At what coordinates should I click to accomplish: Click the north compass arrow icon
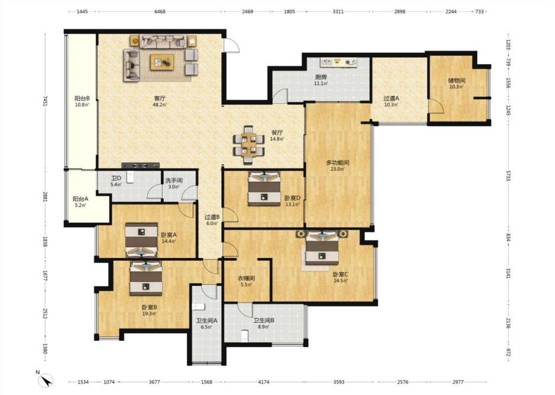pyautogui.click(x=46, y=381)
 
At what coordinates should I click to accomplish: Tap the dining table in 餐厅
pyautogui.click(x=249, y=145)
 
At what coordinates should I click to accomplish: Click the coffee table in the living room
pyautogui.click(x=162, y=62)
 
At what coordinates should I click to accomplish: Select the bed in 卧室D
pyautogui.click(x=264, y=189)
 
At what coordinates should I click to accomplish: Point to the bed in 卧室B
pyautogui.click(x=146, y=278)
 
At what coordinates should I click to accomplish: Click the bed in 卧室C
pyautogui.click(x=322, y=248)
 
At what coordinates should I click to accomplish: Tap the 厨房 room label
pyautogui.click(x=321, y=77)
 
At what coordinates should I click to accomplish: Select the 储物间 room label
pyautogui.click(x=457, y=80)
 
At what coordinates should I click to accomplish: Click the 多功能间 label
pyautogui.click(x=337, y=162)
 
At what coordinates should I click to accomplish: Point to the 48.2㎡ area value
pyautogui.click(x=160, y=105)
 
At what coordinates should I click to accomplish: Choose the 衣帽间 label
pyautogui.click(x=246, y=278)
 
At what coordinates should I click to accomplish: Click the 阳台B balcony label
pyautogui.click(x=82, y=98)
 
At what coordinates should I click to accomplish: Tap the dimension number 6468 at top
pyautogui.click(x=160, y=11)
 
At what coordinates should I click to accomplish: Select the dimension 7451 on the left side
pyautogui.click(x=45, y=101)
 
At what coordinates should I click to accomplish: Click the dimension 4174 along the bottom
pyautogui.click(x=264, y=382)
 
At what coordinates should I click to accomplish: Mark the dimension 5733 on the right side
pyautogui.click(x=508, y=175)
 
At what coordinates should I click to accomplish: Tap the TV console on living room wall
pyautogui.click(x=141, y=165)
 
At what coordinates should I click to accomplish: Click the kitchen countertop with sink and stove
pyautogui.click(x=339, y=62)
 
